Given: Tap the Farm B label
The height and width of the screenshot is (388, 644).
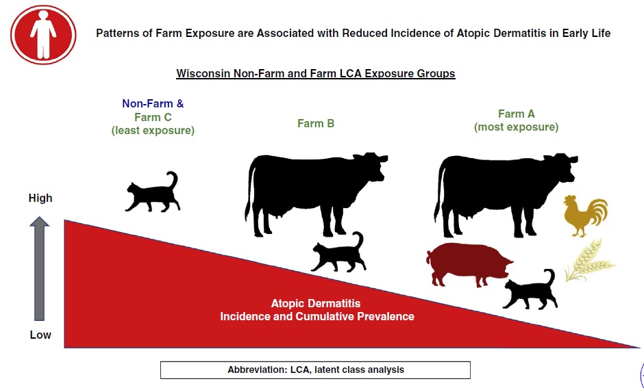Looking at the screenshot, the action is coord(316,123).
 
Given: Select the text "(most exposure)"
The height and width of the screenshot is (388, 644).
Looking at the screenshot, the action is coord(517,127).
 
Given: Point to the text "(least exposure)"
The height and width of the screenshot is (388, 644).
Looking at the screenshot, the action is coord(153,131).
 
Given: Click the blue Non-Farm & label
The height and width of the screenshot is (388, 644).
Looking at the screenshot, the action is coord(153,104).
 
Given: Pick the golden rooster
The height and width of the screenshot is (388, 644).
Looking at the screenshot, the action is coord(585,216).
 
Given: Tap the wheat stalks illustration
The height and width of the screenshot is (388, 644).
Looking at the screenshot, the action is coord(589,261).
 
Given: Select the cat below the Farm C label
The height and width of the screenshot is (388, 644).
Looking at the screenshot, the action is coord(153,192).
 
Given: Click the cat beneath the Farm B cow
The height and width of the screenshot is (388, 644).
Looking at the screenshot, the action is coord(338,253).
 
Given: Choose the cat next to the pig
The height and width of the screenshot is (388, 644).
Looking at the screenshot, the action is coord(530,289).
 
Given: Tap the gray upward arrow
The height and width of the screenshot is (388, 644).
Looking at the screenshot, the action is coord(40,268).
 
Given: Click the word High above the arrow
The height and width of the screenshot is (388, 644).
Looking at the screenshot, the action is coord(40,198).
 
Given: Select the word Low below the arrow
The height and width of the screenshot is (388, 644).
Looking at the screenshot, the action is coord(40,335).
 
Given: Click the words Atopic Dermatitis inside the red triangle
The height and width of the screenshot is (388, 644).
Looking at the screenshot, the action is coord(315,304).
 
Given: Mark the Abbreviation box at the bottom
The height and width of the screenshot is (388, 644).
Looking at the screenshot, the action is coord(315,370).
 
